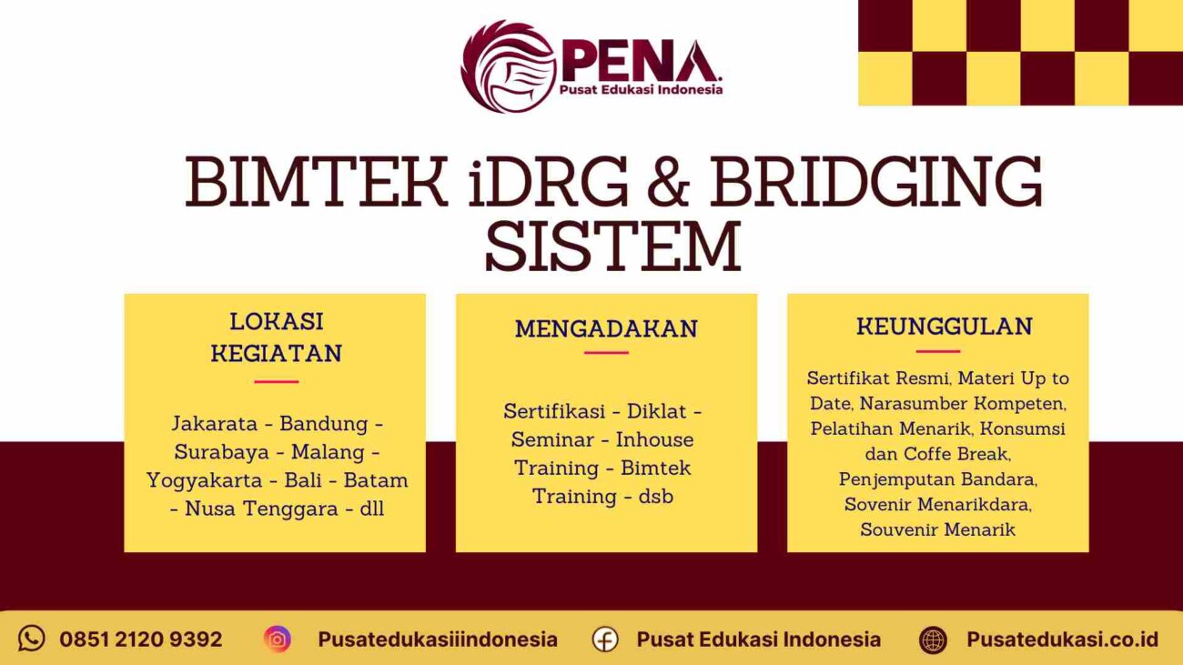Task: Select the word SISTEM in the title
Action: (612, 246)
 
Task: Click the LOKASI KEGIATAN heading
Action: (276, 337)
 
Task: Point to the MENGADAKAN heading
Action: (606, 328)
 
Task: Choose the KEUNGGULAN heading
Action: (944, 326)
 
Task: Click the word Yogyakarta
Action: (204, 480)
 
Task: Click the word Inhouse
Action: (654, 439)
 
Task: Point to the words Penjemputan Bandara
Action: (937, 478)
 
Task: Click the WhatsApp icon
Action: (32, 639)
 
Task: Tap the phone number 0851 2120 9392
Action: (140, 640)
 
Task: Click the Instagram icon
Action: (278, 639)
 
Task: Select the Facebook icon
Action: (605, 640)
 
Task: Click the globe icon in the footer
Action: (933, 640)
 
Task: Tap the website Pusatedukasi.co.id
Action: (1062, 640)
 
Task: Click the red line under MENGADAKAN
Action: (606, 353)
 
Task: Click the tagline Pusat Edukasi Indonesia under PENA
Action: (642, 89)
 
